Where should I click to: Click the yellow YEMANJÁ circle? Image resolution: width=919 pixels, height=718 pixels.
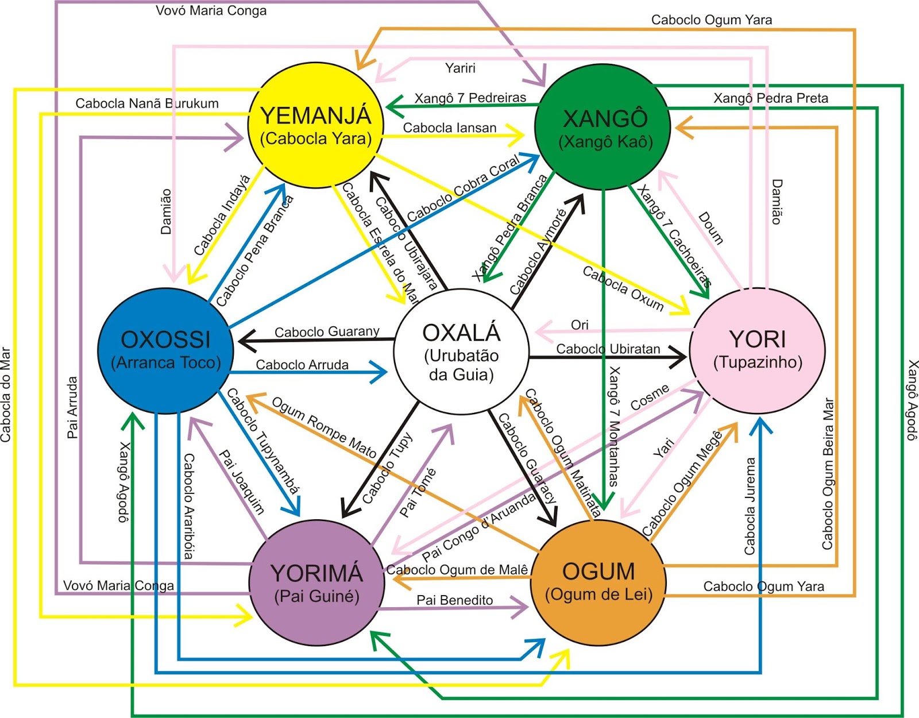point(315,125)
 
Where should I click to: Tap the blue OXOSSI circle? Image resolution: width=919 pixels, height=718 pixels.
point(165,350)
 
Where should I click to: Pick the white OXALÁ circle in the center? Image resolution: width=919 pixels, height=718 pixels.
point(461,352)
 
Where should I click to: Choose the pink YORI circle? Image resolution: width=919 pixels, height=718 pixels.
point(757,350)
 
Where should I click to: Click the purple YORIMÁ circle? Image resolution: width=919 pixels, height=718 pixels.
point(316,582)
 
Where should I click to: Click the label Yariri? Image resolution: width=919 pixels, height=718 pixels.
point(460,68)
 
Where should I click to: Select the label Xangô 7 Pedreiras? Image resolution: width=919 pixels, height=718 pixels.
point(470,98)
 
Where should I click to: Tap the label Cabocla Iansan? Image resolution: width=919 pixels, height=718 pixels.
point(449,128)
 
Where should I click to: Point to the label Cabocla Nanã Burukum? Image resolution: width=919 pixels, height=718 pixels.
point(147,103)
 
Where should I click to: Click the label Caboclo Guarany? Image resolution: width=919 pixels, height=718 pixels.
point(327,332)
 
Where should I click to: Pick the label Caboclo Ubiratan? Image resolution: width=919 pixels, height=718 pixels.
point(608,349)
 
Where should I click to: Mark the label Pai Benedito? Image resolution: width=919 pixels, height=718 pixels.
point(454,600)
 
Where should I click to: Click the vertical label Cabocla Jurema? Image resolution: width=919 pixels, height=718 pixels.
point(750,506)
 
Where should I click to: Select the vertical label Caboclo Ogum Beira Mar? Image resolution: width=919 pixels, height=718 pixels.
point(828,474)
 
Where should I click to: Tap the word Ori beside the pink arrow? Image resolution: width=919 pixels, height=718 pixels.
point(580,325)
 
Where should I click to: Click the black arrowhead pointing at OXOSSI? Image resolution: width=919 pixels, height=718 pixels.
point(246,342)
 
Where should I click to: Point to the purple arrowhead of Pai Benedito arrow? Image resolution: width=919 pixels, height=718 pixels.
point(522,608)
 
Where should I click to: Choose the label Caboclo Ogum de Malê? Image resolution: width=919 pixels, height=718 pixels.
point(457,570)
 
